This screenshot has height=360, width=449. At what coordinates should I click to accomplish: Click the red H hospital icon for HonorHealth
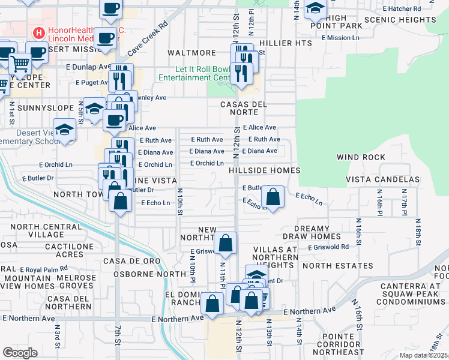(x=39, y=32)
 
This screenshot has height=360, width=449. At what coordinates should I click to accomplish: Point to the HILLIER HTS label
(x=287, y=43)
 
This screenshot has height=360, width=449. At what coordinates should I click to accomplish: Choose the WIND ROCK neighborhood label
(x=361, y=157)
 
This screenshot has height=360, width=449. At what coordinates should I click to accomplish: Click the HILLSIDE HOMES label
(x=264, y=171)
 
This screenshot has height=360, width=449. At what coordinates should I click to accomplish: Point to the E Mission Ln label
(x=340, y=38)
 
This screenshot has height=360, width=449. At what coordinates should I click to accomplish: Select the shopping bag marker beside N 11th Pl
(x=226, y=243)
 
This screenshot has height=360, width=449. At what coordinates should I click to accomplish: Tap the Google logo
(x=20, y=353)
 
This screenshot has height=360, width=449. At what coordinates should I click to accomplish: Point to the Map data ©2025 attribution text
(x=424, y=355)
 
